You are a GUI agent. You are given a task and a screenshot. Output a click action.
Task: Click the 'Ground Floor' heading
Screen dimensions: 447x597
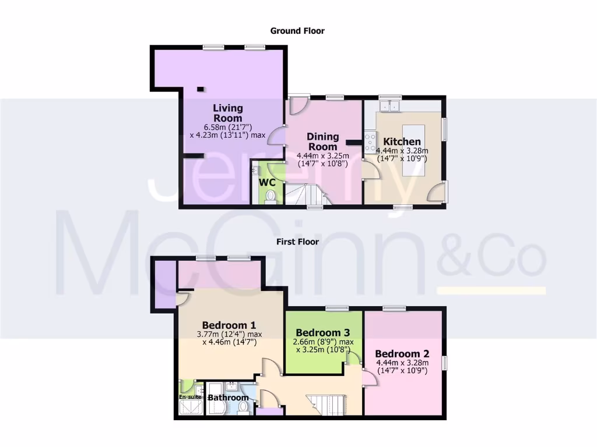click(x=297, y=31)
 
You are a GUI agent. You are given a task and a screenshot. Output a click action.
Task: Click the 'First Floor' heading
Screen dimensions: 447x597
click(x=297, y=241)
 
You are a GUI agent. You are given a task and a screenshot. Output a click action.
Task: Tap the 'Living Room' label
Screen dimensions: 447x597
click(x=227, y=112)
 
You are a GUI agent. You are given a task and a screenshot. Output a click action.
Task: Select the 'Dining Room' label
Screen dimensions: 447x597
click(x=322, y=141)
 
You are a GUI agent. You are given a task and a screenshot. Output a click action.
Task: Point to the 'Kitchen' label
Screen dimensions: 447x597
click(x=402, y=141)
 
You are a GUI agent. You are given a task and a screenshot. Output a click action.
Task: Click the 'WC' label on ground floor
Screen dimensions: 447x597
click(x=267, y=182)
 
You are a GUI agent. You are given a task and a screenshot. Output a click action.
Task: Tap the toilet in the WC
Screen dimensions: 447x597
click(x=270, y=197)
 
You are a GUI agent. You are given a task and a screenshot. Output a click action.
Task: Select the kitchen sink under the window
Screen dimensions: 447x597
click(x=389, y=106)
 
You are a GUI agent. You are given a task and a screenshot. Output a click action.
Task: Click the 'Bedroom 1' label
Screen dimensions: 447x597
click(x=229, y=325)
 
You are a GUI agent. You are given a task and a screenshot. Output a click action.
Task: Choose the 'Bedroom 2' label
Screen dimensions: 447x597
click(x=402, y=354)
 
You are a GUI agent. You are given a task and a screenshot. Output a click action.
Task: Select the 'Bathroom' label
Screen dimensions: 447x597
click(x=228, y=398)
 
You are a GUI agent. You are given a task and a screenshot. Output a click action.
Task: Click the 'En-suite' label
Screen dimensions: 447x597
click(x=189, y=397)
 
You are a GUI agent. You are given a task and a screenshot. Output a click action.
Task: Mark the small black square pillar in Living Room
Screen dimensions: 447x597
click(x=201, y=89)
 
